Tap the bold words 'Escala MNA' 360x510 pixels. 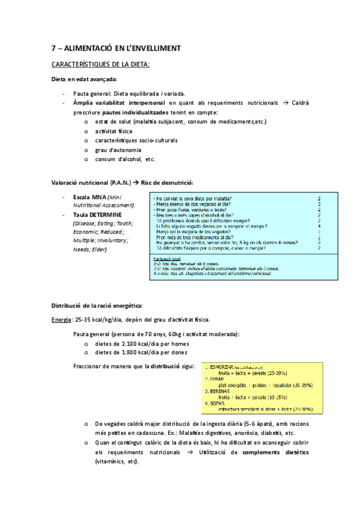(89, 197)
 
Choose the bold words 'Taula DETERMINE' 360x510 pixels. (97, 215)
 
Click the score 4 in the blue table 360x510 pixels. (319, 226)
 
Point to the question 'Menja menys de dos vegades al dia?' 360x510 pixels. (194, 204)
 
